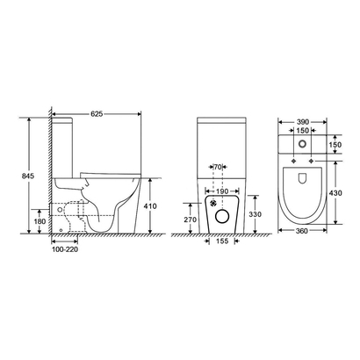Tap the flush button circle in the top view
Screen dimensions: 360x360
tap(303, 143)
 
